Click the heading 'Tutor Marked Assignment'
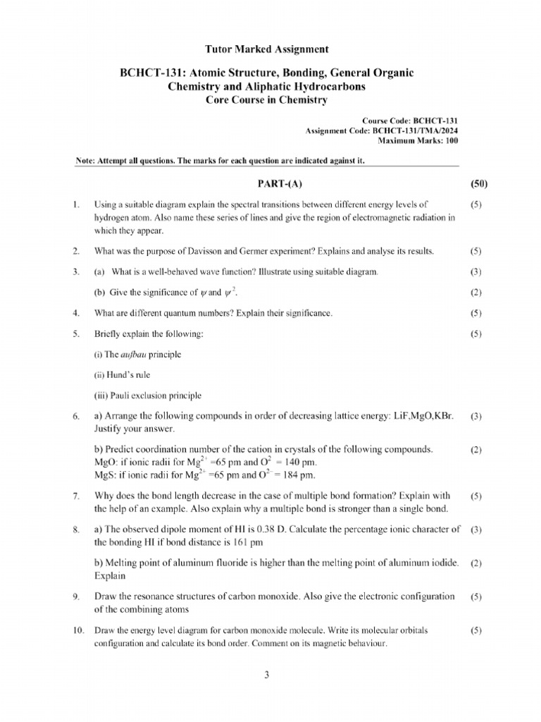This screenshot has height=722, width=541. pyautogui.click(x=266, y=49)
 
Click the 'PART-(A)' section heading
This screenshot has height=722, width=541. pyautogui.click(x=280, y=184)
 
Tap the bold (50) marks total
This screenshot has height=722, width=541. pyautogui.click(x=478, y=184)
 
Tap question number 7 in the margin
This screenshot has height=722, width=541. pyautogui.click(x=75, y=496)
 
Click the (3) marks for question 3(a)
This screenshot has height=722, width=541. pyautogui.click(x=476, y=271)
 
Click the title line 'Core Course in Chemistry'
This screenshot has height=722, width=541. pyautogui.click(x=266, y=101)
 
